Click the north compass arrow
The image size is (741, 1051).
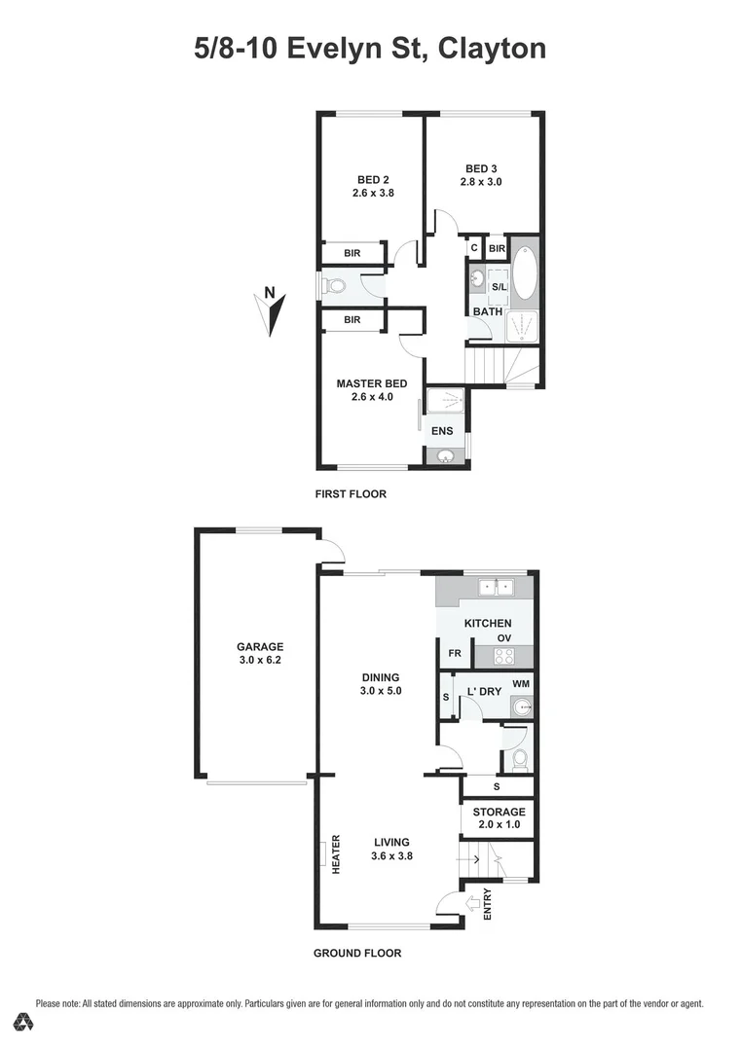(x=276, y=313)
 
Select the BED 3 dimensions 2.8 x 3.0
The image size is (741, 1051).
(x=481, y=181)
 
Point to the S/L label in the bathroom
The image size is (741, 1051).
(x=499, y=287)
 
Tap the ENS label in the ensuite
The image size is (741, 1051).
(x=443, y=429)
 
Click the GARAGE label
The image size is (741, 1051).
(x=259, y=646)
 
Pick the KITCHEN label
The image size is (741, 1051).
(x=487, y=623)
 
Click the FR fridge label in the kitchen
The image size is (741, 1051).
(x=454, y=653)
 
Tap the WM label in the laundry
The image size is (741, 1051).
(x=521, y=685)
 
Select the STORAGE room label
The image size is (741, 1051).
(x=499, y=812)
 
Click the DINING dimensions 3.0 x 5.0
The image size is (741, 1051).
(x=380, y=690)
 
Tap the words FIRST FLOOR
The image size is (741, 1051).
(x=351, y=493)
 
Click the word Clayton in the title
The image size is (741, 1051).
(x=492, y=49)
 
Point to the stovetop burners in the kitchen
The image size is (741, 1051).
(x=504, y=656)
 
